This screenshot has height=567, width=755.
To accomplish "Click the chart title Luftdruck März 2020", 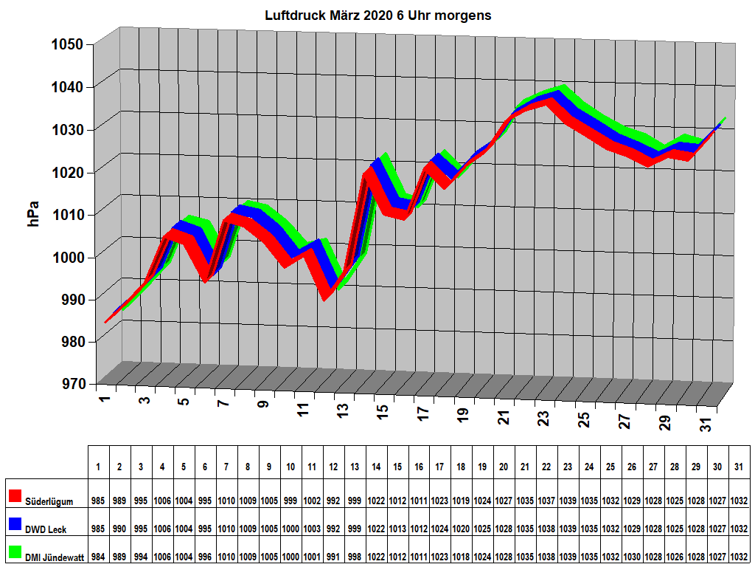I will (x=377, y=16).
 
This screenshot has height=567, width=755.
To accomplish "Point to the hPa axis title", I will (x=34, y=213).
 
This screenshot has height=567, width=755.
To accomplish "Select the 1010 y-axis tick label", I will (x=72, y=214).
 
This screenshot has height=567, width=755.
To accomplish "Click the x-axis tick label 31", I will (x=706, y=425).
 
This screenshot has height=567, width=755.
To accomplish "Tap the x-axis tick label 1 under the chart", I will (x=104, y=399).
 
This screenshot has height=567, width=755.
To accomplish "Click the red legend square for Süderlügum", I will (x=15, y=495).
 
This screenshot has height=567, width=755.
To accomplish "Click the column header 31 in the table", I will (x=739, y=467).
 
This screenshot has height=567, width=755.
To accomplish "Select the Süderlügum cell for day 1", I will (x=98, y=501).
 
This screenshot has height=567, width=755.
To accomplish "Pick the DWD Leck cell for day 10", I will (x=290, y=529).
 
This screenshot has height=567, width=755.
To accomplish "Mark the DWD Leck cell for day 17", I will (x=439, y=529).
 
